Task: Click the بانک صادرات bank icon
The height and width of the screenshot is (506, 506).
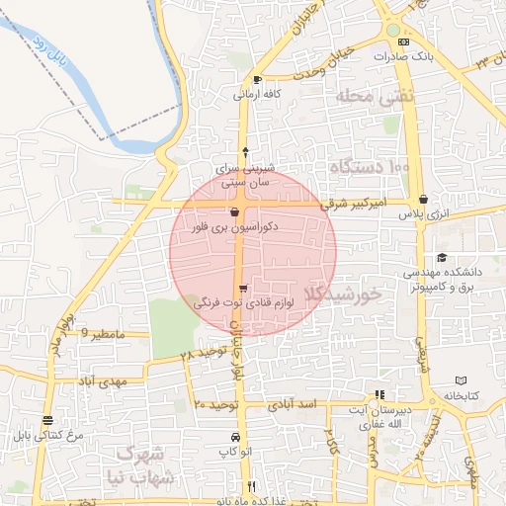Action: click(x=402, y=42)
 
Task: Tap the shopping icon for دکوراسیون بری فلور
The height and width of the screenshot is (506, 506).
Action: click(x=234, y=211)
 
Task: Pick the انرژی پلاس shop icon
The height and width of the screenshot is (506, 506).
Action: click(x=424, y=199)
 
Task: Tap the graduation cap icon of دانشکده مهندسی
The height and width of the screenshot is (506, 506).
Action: click(x=441, y=257)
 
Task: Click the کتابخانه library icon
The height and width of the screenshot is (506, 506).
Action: click(x=462, y=380)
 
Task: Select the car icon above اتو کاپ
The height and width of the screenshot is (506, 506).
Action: click(x=234, y=437)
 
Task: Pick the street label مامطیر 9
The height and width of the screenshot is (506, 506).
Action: click(x=103, y=334)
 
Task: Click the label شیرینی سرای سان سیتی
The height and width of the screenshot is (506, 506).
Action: click(x=245, y=176)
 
